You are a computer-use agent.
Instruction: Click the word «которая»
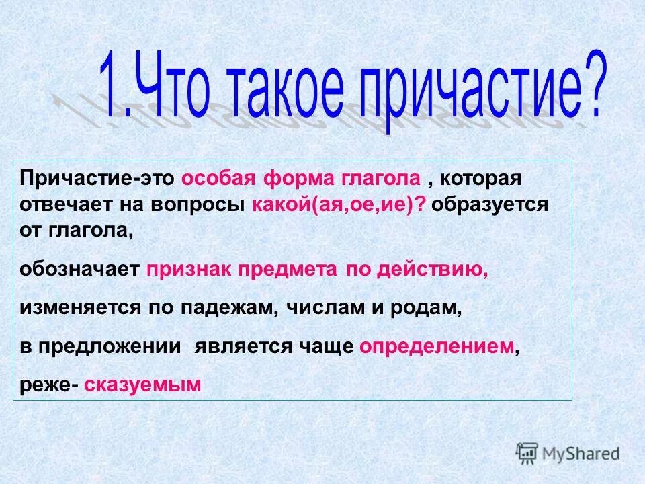tap(481, 180)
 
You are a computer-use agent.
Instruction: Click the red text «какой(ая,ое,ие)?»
tap(339, 205)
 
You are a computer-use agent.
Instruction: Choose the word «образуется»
tap(490, 205)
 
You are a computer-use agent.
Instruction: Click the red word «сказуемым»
tap(142, 384)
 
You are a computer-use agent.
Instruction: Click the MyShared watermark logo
tap(568, 453)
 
